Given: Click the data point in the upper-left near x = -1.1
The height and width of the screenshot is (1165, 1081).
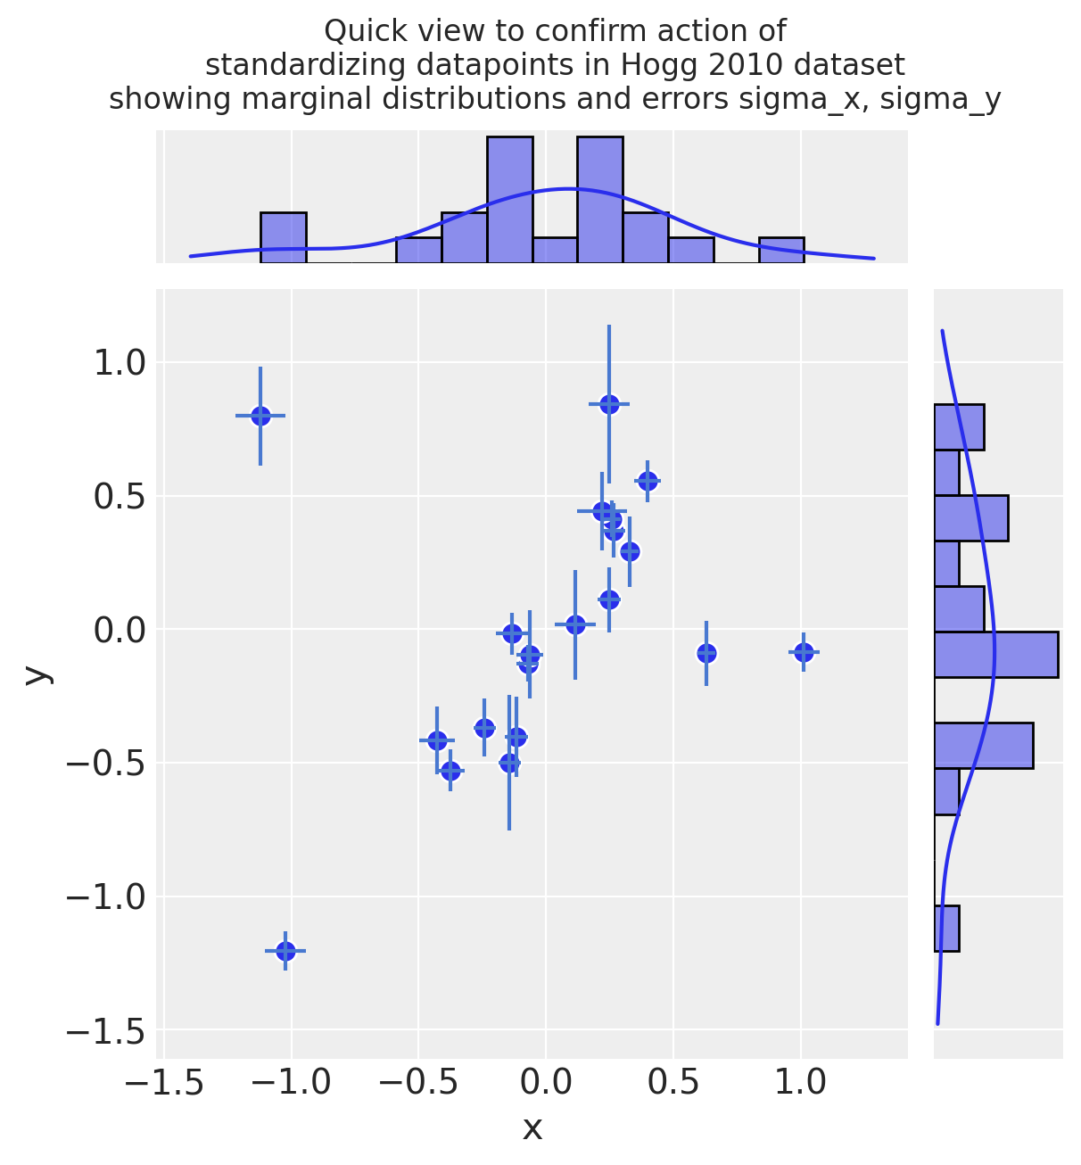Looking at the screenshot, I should tap(260, 416).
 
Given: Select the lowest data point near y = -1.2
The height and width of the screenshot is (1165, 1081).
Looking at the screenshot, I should tap(285, 951).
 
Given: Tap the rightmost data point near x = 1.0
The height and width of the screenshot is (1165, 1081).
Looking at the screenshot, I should tap(804, 652).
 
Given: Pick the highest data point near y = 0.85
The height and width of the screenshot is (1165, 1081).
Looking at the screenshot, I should tap(609, 404).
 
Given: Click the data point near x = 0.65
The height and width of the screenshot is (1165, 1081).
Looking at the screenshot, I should tap(706, 653).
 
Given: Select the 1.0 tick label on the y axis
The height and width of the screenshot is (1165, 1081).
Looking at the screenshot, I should tap(120, 363).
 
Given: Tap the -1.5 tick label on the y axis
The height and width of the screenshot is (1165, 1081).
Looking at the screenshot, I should tap(105, 1030).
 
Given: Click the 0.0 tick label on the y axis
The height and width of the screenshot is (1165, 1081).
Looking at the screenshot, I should tap(120, 630).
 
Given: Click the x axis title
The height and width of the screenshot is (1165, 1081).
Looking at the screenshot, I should tap(532, 1129).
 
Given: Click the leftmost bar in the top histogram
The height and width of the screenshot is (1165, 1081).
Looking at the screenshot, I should tap(284, 237).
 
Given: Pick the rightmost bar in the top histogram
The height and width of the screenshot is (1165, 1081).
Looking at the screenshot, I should tap(781, 250).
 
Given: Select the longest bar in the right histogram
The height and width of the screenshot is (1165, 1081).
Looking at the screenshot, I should tap(995, 655).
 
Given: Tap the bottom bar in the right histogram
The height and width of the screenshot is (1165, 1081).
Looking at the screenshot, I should tap(946, 929).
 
